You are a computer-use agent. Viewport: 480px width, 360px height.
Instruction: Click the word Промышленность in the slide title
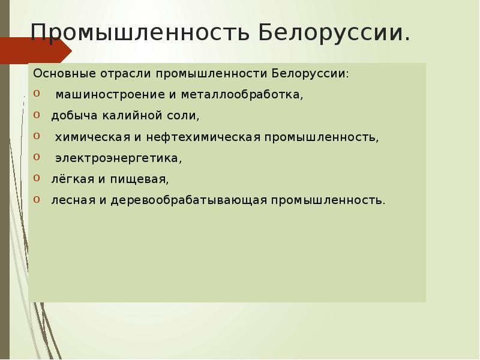pos(140,33)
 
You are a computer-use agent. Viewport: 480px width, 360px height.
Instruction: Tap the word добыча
pos(71,116)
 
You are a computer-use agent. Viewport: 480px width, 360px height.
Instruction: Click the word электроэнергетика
pos(118,158)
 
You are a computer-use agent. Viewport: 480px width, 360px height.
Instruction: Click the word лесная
pos(71,200)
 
